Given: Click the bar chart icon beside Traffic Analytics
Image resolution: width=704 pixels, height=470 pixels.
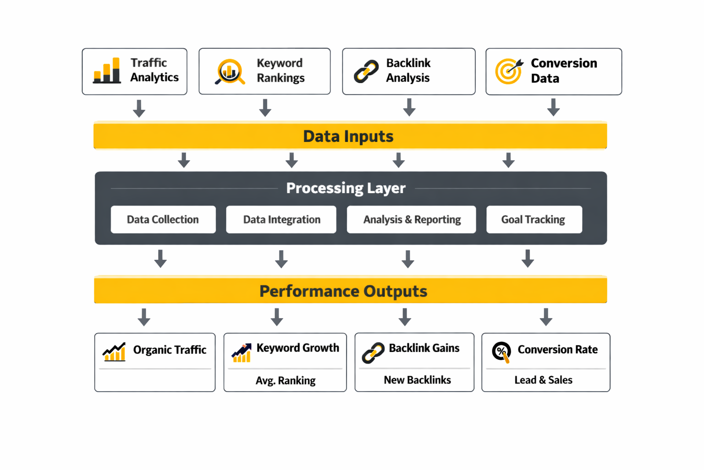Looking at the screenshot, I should pyautogui.click(x=107, y=71).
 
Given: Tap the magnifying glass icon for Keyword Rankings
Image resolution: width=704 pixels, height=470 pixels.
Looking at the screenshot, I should pyautogui.click(x=229, y=72).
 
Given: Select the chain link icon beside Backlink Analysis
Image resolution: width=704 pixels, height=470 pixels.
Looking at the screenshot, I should pyautogui.click(x=366, y=72).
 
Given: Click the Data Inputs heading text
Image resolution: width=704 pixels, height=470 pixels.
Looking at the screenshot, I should pyautogui.click(x=348, y=136).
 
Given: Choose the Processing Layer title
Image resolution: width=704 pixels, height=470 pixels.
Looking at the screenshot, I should pyautogui.click(x=346, y=188).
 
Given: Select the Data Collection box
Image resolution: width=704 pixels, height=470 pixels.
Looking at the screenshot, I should pyautogui.click(x=163, y=219).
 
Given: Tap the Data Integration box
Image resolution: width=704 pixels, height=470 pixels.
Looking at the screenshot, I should pyautogui.click(x=281, y=219).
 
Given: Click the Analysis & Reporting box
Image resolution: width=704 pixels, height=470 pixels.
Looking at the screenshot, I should pyautogui.click(x=411, y=219).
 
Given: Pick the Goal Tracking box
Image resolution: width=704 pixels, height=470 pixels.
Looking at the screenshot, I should pyautogui.click(x=534, y=219).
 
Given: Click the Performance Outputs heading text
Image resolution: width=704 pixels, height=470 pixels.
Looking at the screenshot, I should pyautogui.click(x=343, y=291).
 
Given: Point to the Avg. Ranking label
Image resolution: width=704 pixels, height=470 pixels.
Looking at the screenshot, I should pyautogui.click(x=285, y=380).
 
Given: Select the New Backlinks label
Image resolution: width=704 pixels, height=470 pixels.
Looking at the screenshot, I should pyautogui.click(x=417, y=380).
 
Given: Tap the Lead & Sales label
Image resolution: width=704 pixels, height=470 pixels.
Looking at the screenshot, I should pyautogui.click(x=543, y=380).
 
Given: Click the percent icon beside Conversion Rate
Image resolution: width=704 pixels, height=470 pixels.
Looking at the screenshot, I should pyautogui.click(x=501, y=352).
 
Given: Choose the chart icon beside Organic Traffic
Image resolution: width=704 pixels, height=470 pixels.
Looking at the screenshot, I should pyautogui.click(x=114, y=352).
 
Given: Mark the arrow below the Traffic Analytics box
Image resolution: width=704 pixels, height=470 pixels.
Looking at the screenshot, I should pyautogui.click(x=139, y=108).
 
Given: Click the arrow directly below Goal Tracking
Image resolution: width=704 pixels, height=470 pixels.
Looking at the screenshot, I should pyautogui.click(x=528, y=258).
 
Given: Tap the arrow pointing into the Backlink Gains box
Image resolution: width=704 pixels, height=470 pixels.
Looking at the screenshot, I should pyautogui.click(x=405, y=317).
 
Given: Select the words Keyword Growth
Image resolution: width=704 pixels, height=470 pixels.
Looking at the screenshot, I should pyautogui.click(x=297, y=348).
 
